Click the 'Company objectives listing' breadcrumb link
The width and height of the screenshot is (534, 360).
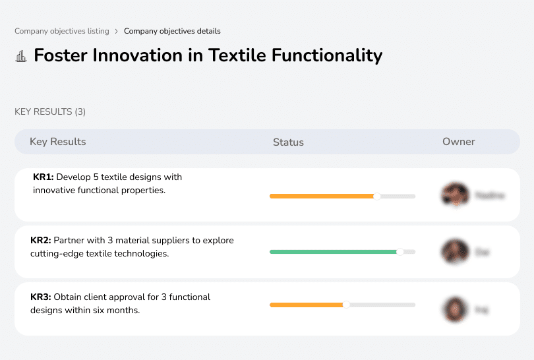tap(62, 31)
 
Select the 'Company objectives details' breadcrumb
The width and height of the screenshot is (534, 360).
tap(172, 31)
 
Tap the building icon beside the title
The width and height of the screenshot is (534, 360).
tap(21, 56)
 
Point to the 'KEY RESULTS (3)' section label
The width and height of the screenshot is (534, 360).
tap(50, 112)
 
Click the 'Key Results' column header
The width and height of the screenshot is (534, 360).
tap(57, 142)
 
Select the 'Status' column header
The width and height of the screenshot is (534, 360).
tap(288, 142)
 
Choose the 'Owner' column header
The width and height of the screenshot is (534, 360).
tap(459, 142)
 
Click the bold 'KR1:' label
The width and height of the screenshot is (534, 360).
tap(44, 177)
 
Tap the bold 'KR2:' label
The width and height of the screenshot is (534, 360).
tap(41, 241)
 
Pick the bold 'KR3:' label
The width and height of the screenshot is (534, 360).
tap(41, 297)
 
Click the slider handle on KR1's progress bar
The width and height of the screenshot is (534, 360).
tap(377, 196)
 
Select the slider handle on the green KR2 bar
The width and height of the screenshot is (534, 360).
tap(400, 252)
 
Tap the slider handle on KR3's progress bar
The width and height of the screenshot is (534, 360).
tap(346, 305)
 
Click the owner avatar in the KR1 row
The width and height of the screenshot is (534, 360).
tap(455, 195)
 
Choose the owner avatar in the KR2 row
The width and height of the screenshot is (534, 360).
tap(455, 252)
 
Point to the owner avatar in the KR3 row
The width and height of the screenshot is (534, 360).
tap(455, 309)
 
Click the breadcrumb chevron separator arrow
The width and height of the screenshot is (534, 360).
tap(117, 31)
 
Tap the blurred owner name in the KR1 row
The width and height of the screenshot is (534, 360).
tap(490, 195)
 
